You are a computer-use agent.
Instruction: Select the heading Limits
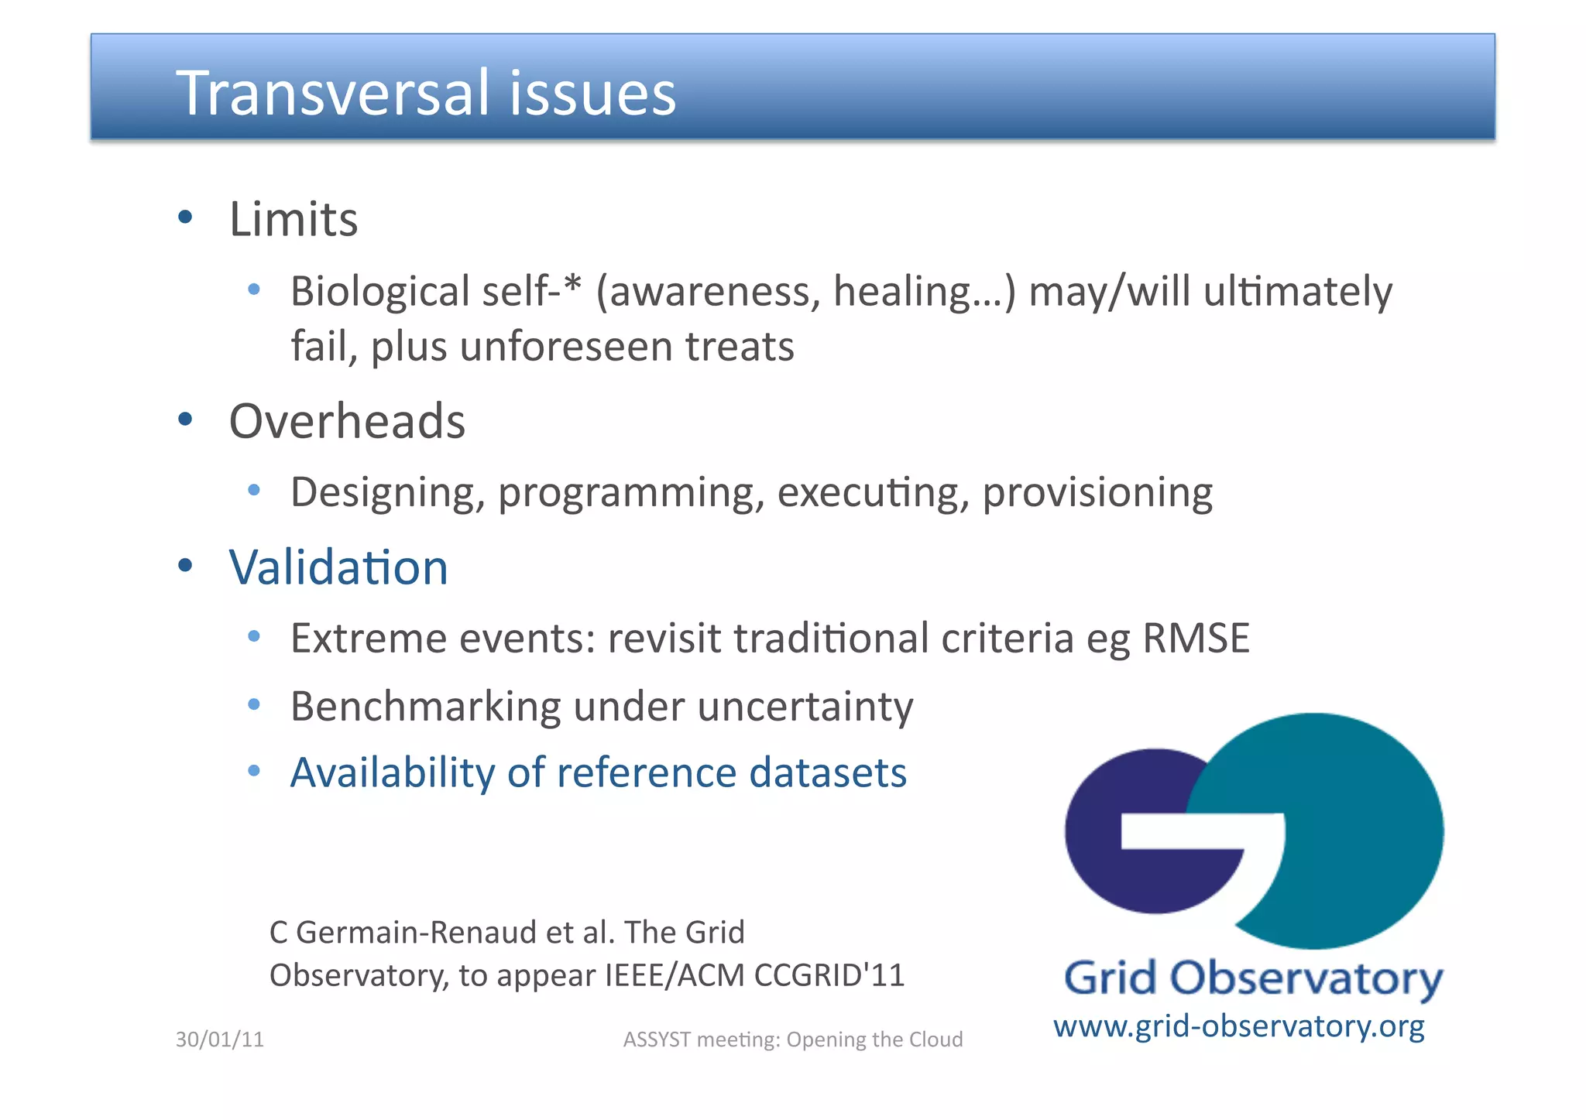pyautogui.click(x=294, y=219)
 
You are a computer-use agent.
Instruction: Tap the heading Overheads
pyautogui.click(x=347, y=421)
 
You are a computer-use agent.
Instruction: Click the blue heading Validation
pyautogui.click(x=338, y=567)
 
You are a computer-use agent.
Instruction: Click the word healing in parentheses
pyautogui.click(x=902, y=292)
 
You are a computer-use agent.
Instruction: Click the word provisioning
pyautogui.click(x=1097, y=493)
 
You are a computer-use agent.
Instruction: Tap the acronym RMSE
pyautogui.click(x=1196, y=639)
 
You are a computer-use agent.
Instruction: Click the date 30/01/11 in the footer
pyautogui.click(x=220, y=1040)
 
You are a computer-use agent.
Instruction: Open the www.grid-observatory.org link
pyautogui.click(x=1238, y=1026)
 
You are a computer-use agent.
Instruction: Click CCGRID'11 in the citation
pyautogui.click(x=829, y=975)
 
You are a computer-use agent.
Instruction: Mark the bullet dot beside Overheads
pyautogui.click(x=185, y=420)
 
